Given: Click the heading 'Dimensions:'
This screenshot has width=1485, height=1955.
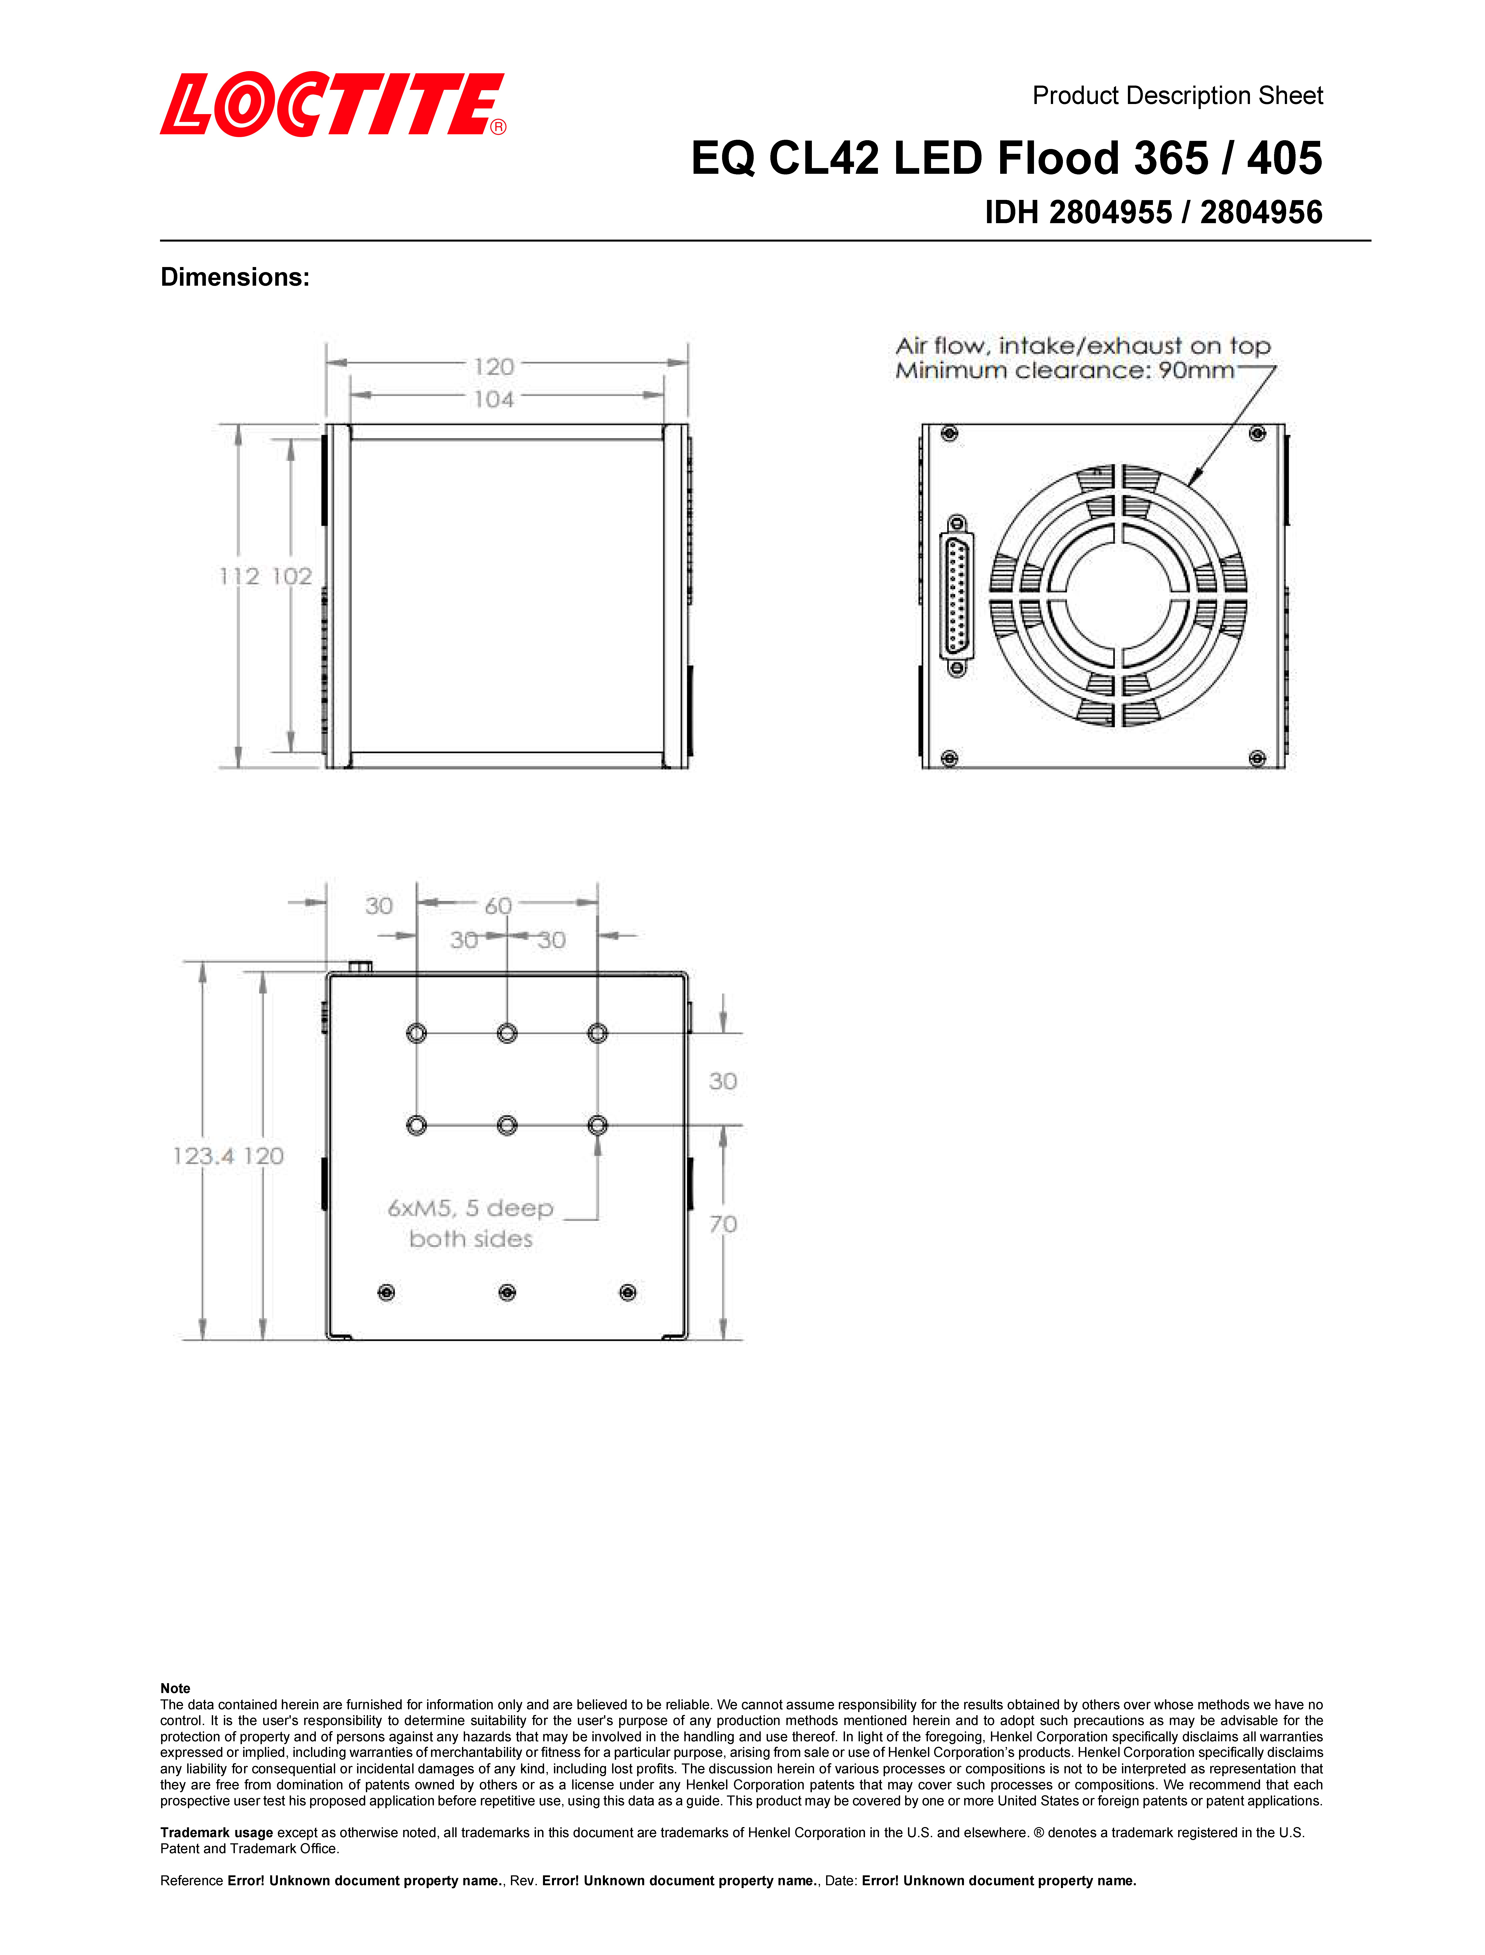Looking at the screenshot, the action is click(235, 278).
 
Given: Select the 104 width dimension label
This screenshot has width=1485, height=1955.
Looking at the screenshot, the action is click(493, 400).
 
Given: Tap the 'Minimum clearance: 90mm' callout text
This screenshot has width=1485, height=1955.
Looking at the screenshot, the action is click(1064, 370).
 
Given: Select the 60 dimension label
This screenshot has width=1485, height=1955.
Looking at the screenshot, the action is click(498, 906).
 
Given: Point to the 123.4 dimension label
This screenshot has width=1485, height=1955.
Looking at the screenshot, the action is click(202, 1156).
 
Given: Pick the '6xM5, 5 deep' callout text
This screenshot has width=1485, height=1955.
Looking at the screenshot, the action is click(470, 1208).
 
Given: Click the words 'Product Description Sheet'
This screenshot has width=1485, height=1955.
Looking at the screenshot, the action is click(1177, 95).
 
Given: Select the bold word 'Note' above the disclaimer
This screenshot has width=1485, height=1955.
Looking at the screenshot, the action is click(175, 1688).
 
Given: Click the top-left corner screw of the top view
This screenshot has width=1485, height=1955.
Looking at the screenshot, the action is click(949, 433).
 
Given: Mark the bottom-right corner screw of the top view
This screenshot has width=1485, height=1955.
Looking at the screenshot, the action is click(1257, 758).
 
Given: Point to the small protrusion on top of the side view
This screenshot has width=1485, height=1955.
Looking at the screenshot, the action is click(360, 967).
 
